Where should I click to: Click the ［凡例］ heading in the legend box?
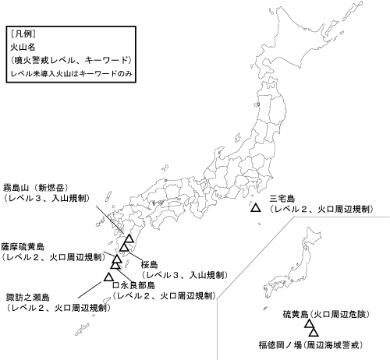(24, 34)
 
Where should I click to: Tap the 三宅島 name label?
(281, 199)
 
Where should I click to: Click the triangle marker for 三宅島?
(255, 209)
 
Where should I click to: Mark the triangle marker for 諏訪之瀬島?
(108, 276)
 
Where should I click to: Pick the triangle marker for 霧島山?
(129, 239)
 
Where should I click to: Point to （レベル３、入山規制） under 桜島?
(184, 275)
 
